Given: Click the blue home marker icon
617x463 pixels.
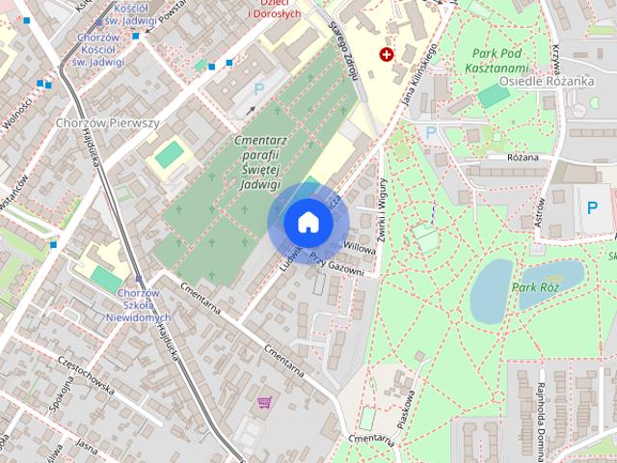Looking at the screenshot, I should [308, 222].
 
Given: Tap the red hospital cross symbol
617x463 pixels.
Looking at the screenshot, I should [387, 55].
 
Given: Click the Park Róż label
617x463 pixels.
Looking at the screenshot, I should [536, 288].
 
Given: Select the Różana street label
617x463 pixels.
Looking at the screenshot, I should [521, 156].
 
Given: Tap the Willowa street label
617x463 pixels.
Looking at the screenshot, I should [358, 247].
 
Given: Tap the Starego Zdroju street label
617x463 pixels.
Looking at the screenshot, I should [341, 48].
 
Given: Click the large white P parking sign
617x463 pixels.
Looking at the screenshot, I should [591, 206].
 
